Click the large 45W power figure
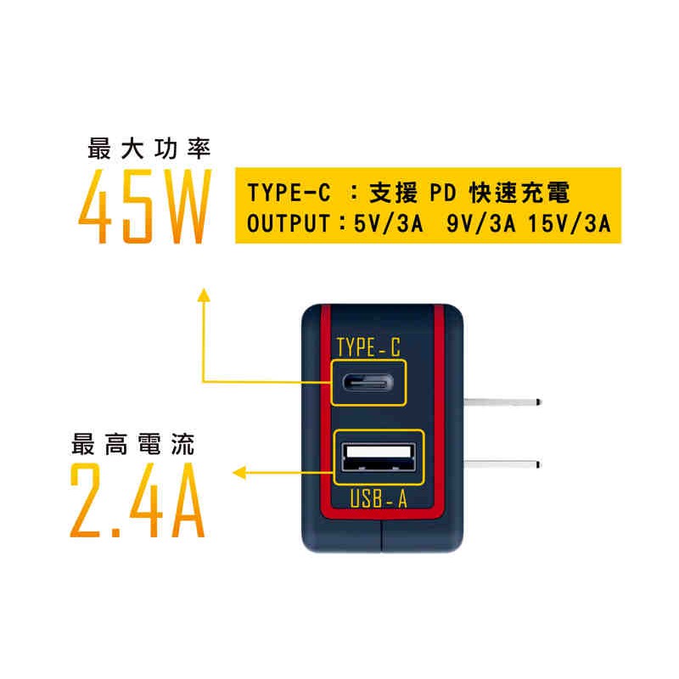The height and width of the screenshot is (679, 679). click(145, 206)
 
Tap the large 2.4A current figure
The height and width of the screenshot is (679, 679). click(137, 500)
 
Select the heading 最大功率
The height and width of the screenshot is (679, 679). click(149, 149)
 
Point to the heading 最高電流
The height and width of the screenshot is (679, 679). click(133, 444)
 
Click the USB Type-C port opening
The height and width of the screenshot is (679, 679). click(368, 383)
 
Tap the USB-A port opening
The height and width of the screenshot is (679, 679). click(379, 457)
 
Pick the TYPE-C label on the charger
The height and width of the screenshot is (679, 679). click(368, 347)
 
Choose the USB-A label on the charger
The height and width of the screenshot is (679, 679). click(379, 498)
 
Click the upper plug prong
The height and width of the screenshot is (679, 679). click(502, 401)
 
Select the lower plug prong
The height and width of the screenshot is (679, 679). click(502, 464)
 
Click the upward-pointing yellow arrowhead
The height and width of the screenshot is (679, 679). click(204, 295)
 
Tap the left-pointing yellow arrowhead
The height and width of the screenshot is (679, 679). click(239, 472)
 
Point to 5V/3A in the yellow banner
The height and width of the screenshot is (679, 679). click(388, 223)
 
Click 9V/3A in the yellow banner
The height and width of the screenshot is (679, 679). click(480, 223)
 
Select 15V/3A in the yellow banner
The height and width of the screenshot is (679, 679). click(569, 223)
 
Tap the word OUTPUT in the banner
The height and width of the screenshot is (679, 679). click(289, 223)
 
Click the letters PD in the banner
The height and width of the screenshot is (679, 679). click(443, 193)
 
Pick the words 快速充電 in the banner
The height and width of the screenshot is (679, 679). click(519, 193)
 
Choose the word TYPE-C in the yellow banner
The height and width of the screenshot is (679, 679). click(289, 193)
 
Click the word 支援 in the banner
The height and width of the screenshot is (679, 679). click(393, 193)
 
